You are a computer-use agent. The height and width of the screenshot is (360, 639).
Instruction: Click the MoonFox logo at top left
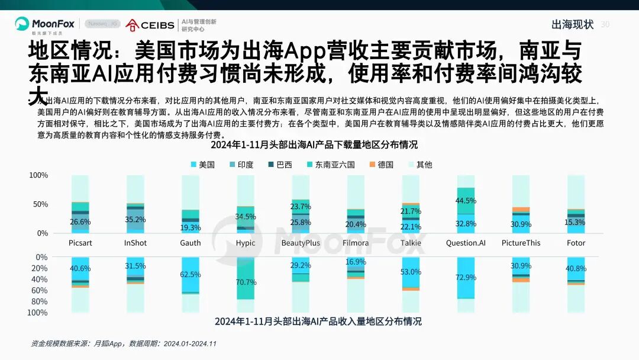45,25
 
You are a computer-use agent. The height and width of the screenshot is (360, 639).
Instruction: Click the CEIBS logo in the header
150,25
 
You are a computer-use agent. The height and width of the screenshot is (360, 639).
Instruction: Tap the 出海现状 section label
572,24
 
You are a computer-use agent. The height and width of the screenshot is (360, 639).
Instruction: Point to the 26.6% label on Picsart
80,222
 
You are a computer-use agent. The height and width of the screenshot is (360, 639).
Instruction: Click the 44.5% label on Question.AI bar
466,201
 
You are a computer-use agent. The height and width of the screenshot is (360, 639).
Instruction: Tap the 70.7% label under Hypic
246,282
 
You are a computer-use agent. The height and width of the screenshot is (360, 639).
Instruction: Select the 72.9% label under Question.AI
466,278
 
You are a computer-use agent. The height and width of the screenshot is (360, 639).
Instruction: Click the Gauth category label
191,243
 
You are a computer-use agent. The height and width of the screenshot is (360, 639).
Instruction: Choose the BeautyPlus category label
301,243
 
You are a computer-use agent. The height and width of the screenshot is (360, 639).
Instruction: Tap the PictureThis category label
521,243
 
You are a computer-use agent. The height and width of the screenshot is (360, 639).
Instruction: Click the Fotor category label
576,243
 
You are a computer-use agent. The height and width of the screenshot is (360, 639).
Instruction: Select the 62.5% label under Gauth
191,275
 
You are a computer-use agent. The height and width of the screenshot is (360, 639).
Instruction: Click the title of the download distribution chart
318,144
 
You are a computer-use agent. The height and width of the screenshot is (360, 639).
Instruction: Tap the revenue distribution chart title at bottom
318,322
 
